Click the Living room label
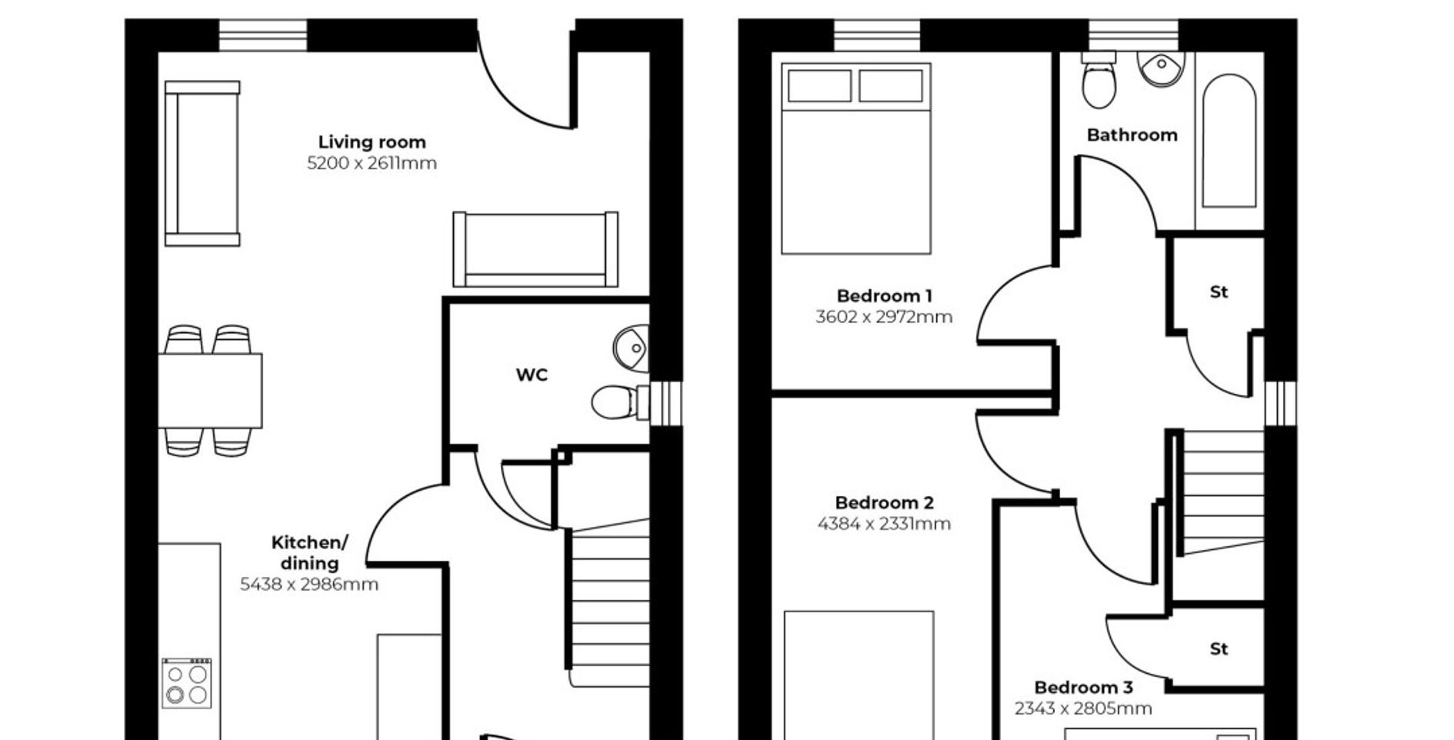pyautogui.click(x=372, y=142)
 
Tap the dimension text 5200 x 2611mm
pyautogui.click(x=372, y=163)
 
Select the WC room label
pyautogui.click(x=532, y=375)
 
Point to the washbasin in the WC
pyautogui.click(x=632, y=348)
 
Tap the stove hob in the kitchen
pyautogui.click(x=187, y=683)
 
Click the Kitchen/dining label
pyautogui.click(x=309, y=552)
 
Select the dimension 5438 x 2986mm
pyautogui.click(x=309, y=585)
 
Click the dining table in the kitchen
pyautogui.click(x=210, y=391)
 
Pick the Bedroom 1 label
pyautogui.click(x=884, y=296)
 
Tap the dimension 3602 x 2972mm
pyautogui.click(x=884, y=317)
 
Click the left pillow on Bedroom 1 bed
pyautogui.click(x=819, y=85)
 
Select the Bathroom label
pyautogui.click(x=1132, y=135)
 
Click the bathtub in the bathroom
pyautogui.click(x=1229, y=141)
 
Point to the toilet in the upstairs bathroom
pyautogui.click(x=1099, y=80)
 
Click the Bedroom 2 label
pyautogui.click(x=884, y=503)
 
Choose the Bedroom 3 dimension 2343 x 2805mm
pyautogui.click(x=1083, y=708)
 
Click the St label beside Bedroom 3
pyautogui.click(x=1219, y=649)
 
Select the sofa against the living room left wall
pyautogui.click(x=202, y=164)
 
